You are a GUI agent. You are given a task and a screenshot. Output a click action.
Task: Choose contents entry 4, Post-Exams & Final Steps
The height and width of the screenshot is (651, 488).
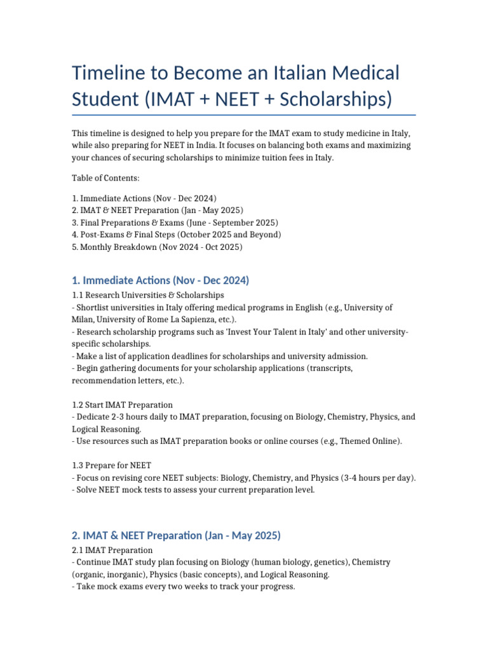pos(177,235)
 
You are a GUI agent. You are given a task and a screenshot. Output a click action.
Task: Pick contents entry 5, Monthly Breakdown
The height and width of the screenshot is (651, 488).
pos(157,247)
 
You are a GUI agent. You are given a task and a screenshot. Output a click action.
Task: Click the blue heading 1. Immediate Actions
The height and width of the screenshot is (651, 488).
pos(160,280)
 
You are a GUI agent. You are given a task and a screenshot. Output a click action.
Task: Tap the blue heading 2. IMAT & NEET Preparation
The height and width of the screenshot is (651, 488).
pos(176,535)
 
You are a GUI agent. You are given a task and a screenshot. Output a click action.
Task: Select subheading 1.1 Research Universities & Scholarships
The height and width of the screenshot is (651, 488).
pos(147,295)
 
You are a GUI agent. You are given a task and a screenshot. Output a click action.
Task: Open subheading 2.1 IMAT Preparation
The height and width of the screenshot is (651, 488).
pos(112,550)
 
